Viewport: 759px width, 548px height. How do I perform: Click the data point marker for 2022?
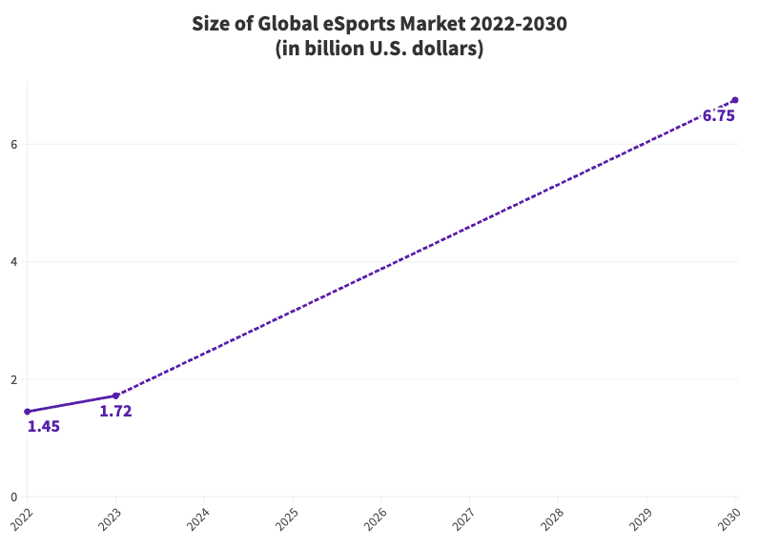tap(27, 412)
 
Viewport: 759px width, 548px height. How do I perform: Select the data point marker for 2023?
tap(115, 396)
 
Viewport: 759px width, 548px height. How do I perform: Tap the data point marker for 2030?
tap(734, 100)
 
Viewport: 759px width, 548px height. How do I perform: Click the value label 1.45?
tap(44, 427)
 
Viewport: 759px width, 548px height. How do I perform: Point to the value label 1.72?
tap(115, 412)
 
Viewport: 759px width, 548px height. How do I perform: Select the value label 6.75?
tap(718, 116)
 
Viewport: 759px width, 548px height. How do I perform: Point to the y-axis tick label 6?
tap(13, 145)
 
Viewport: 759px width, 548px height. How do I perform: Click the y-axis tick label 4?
tap(13, 262)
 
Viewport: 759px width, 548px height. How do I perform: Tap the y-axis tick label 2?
tap(13, 379)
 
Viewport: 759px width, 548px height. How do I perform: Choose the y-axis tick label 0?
tap(13, 497)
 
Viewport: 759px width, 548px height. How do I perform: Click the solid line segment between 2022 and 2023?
tap(72, 404)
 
